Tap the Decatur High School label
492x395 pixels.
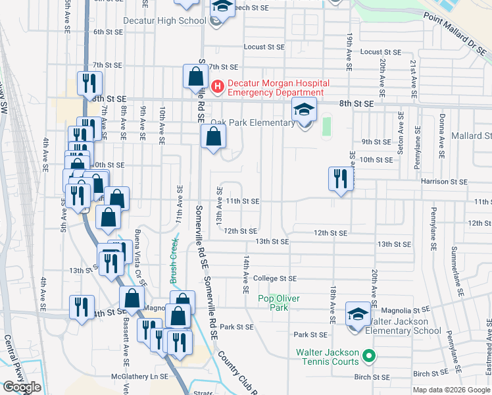tap(165, 20)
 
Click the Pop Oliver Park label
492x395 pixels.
tap(278, 303)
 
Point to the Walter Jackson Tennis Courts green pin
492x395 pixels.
tap(368, 357)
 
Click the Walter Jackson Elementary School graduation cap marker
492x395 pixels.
tap(358, 314)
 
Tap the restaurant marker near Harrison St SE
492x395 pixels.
tap(341, 179)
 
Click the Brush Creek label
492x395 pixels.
tap(175, 259)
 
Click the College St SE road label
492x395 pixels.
tap(275, 278)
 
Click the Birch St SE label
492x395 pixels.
tap(372, 377)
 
